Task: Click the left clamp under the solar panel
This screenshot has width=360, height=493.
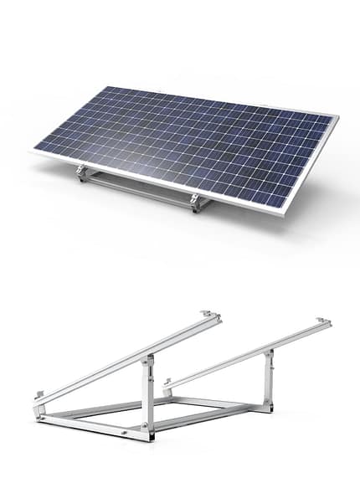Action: point(82,173)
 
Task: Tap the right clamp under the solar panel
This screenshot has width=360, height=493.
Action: point(195,202)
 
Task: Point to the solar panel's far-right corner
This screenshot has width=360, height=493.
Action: point(337,117)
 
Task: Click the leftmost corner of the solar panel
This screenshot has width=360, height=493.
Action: point(34,151)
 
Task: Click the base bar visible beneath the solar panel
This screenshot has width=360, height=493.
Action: point(138,190)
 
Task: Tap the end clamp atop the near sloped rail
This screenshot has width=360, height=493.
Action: point(209,316)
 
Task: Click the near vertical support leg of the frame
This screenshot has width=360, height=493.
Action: point(148,393)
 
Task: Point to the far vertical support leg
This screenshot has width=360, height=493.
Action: point(268,377)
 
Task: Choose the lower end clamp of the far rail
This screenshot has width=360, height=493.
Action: point(167,383)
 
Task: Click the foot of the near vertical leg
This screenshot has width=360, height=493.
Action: point(147,434)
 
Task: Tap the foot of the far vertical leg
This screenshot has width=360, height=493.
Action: point(267,407)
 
